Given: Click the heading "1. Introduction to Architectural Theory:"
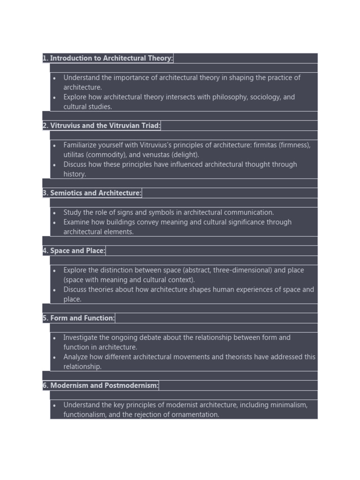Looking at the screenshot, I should pyautogui.click(x=108, y=58).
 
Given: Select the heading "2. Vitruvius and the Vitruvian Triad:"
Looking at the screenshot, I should pyautogui.click(x=102, y=126).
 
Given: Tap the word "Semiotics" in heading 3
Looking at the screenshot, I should pyautogui.click(x=67, y=193).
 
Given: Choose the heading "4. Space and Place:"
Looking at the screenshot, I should pyautogui.click(x=74, y=251).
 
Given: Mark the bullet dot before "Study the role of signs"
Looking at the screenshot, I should pyautogui.click(x=55, y=213).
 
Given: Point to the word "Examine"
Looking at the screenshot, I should pyautogui.click(x=76, y=222).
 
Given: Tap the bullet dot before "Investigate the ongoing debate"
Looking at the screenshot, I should pyautogui.click(x=55, y=338).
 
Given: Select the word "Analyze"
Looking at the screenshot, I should pyautogui.click(x=76, y=357).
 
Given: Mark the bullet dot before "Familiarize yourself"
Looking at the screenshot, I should pyautogui.click(x=55, y=145).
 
